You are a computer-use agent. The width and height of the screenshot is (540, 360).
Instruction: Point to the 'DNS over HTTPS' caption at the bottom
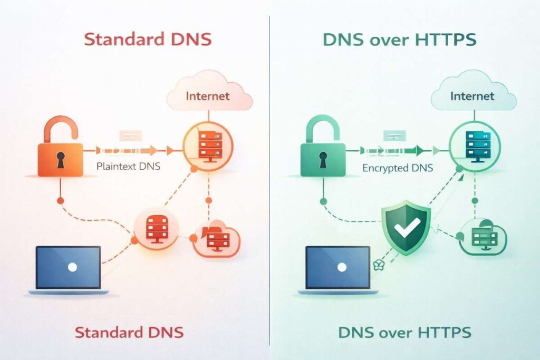(404, 332)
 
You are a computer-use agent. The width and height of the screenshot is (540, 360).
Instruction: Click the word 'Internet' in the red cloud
(208, 96)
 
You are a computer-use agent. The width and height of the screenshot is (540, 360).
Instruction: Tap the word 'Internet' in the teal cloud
(472, 96)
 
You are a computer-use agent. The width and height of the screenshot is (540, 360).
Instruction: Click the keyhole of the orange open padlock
(61, 161)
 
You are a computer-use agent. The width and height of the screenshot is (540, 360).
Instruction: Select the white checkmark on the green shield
(406, 226)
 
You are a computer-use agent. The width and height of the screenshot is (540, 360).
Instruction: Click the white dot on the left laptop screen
(72, 267)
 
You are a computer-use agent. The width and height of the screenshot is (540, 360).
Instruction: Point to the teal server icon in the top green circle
(472, 144)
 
